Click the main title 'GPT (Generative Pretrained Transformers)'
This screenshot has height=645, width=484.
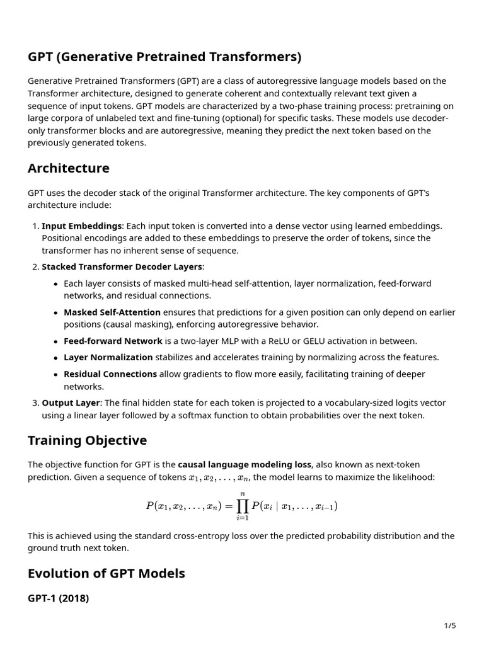click(x=164, y=57)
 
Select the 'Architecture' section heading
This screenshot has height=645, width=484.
click(x=69, y=168)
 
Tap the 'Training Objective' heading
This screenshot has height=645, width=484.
click(x=87, y=440)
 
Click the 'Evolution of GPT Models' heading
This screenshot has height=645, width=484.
click(x=107, y=574)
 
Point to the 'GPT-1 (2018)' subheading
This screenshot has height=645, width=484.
click(x=58, y=598)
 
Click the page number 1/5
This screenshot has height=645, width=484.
click(x=449, y=625)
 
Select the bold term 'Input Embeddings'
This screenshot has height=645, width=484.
click(x=81, y=225)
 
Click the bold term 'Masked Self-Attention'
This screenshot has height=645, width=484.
click(x=112, y=312)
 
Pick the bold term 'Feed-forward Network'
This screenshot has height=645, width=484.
click(x=113, y=341)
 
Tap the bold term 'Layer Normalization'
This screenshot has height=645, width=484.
click(x=108, y=357)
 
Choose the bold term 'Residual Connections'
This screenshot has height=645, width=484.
click(x=110, y=374)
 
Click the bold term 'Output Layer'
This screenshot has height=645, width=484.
click(x=71, y=402)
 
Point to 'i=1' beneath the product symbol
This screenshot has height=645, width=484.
click(x=242, y=518)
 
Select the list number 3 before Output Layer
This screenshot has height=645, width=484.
click(x=35, y=402)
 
